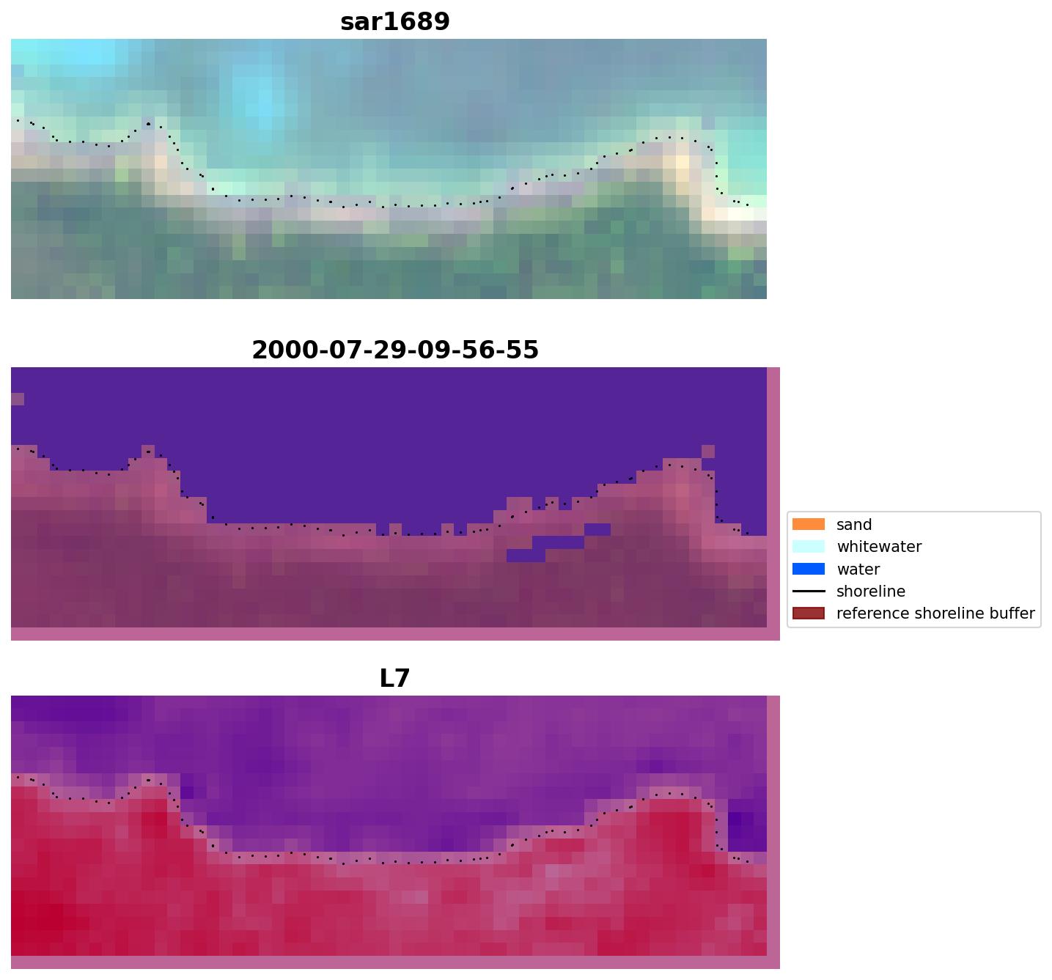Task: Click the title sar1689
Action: coord(394,22)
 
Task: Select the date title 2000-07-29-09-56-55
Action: coord(394,350)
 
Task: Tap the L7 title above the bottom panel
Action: coord(394,679)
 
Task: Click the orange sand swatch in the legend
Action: coord(808,524)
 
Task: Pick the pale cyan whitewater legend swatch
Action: coord(808,547)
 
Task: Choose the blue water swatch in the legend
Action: coord(808,569)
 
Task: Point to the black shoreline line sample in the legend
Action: coord(808,592)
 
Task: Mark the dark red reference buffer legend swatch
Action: coord(808,614)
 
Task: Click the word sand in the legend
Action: coord(854,525)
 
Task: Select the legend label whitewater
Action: coord(879,547)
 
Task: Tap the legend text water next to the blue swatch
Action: coord(858,570)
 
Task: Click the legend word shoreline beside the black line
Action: coord(870,592)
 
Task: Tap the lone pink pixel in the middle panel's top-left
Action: coord(18,399)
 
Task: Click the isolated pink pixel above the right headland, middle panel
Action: coord(708,451)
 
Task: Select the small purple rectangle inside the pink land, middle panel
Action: coord(557,543)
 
